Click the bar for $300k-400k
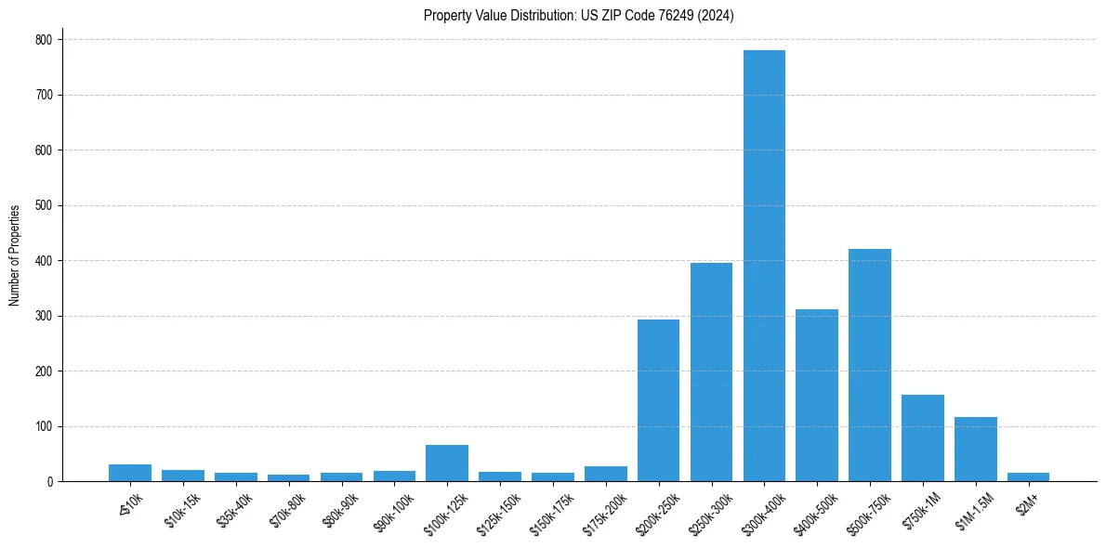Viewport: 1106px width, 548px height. [x=764, y=266]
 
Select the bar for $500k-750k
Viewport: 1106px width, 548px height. [x=870, y=365]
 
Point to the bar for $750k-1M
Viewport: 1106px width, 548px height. [x=923, y=438]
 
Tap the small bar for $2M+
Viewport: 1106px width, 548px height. [x=1029, y=477]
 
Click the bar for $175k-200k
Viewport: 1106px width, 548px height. [x=606, y=474]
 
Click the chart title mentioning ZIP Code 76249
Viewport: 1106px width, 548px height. [x=579, y=16]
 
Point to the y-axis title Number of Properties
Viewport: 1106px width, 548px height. [x=15, y=255]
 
